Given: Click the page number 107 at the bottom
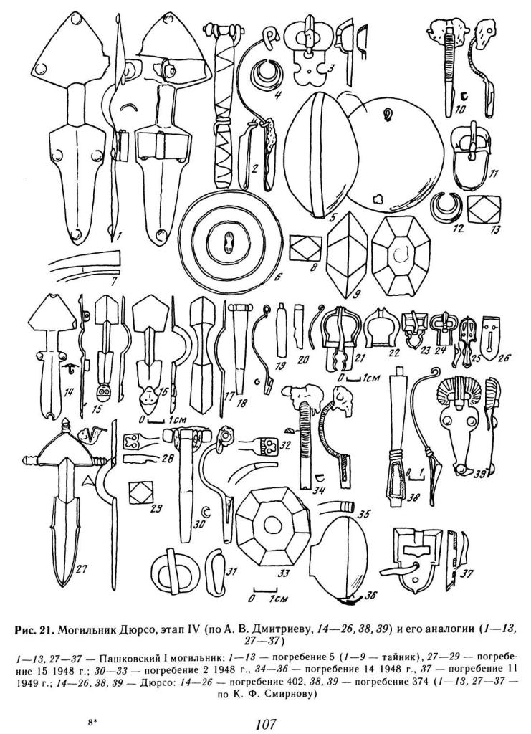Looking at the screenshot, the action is coord(266,724).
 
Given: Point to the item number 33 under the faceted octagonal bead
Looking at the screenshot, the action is coord(282,573).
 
